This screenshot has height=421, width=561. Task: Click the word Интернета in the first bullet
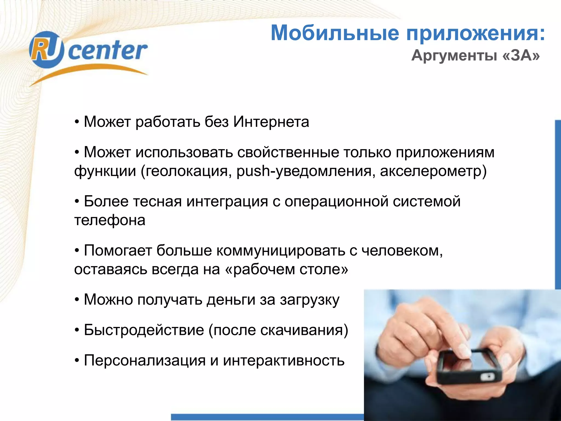coord(271,122)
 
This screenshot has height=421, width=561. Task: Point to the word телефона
coord(110,220)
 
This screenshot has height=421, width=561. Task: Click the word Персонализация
coord(145,360)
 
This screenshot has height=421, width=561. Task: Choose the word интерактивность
coord(284,360)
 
